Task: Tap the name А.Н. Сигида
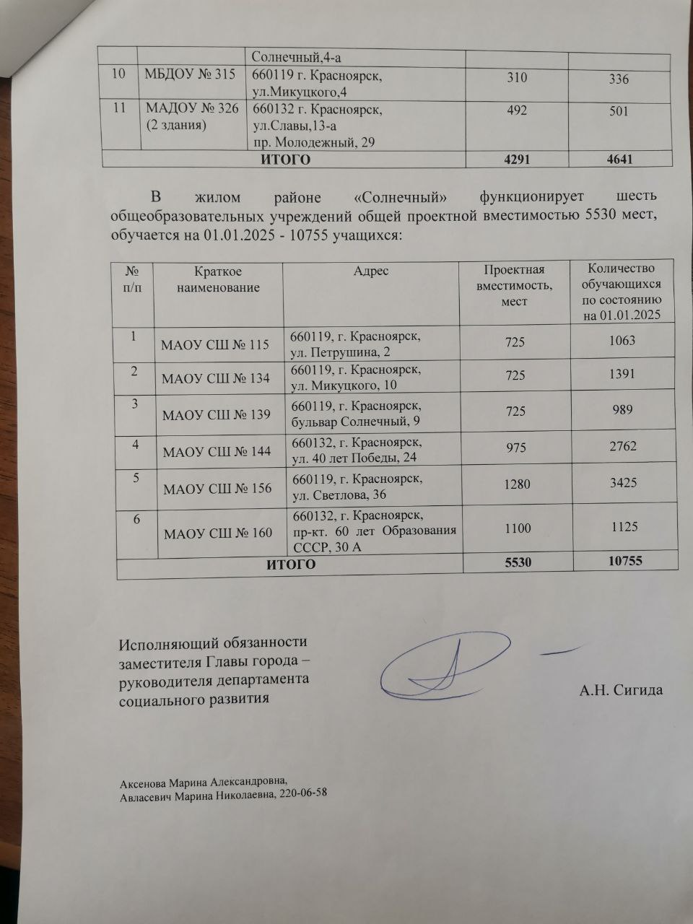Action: pyautogui.click(x=621, y=690)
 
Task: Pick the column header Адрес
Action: pyautogui.click(x=371, y=271)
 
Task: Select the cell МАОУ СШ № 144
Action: pyautogui.click(x=217, y=452)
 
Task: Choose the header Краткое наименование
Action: pyautogui.click(x=218, y=279)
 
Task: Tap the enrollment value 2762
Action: pyautogui.click(x=622, y=447)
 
